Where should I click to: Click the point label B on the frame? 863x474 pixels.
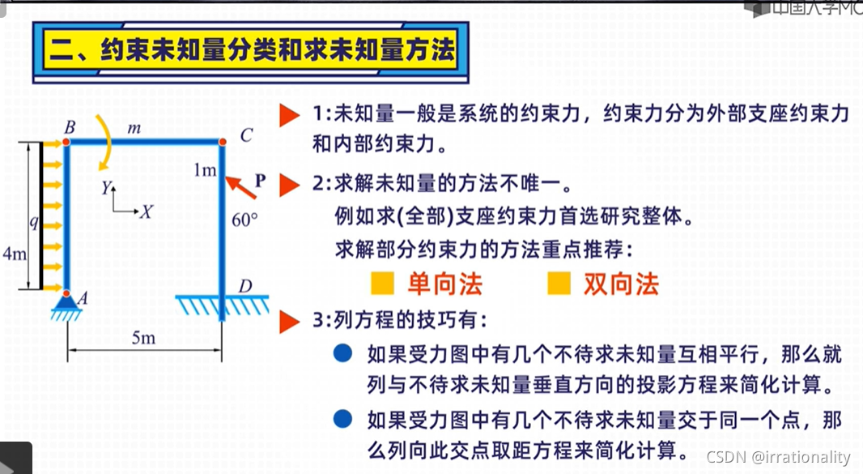point(70,127)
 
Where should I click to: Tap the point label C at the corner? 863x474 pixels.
point(245,135)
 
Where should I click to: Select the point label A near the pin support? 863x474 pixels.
point(83,298)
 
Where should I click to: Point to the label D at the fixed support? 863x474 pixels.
point(244,286)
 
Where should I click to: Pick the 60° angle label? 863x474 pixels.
point(244,219)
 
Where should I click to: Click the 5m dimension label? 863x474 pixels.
point(143,338)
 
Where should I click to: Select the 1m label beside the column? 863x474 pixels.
point(205,169)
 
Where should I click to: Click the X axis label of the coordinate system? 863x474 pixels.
point(146,212)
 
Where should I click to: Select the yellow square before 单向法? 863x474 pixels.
point(382,284)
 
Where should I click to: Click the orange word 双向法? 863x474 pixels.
point(620,284)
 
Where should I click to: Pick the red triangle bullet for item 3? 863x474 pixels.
point(290,322)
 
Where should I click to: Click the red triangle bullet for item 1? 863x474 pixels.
point(290,115)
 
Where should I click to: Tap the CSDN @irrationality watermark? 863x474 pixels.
point(778,458)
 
